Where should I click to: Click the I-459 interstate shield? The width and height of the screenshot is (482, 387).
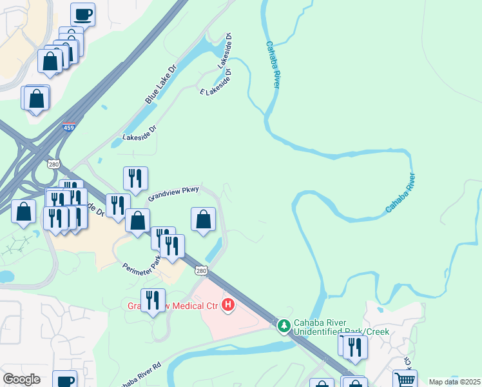69,128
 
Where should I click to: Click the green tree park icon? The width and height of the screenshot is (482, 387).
284,326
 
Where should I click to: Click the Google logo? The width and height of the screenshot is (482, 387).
22,379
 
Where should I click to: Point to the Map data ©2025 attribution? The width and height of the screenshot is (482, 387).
454,382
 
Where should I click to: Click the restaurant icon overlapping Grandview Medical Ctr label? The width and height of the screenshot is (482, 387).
153,300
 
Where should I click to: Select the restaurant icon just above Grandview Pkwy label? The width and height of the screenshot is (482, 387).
135,178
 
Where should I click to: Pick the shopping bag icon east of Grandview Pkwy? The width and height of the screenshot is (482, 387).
204,219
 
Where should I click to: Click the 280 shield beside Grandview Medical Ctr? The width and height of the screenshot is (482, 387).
202,270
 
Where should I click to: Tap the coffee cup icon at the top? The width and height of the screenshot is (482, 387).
82,14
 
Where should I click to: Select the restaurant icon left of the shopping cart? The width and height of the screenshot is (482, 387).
355,348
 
